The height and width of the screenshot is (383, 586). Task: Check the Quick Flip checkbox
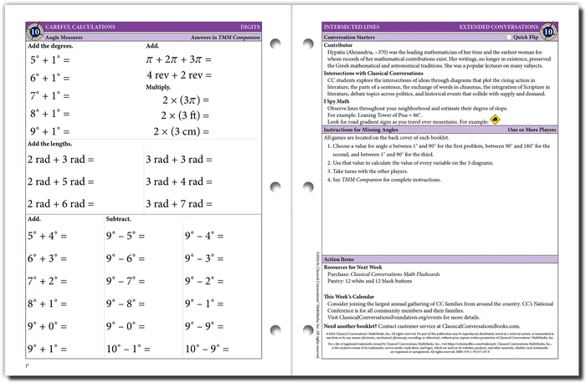[x=510, y=38]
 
